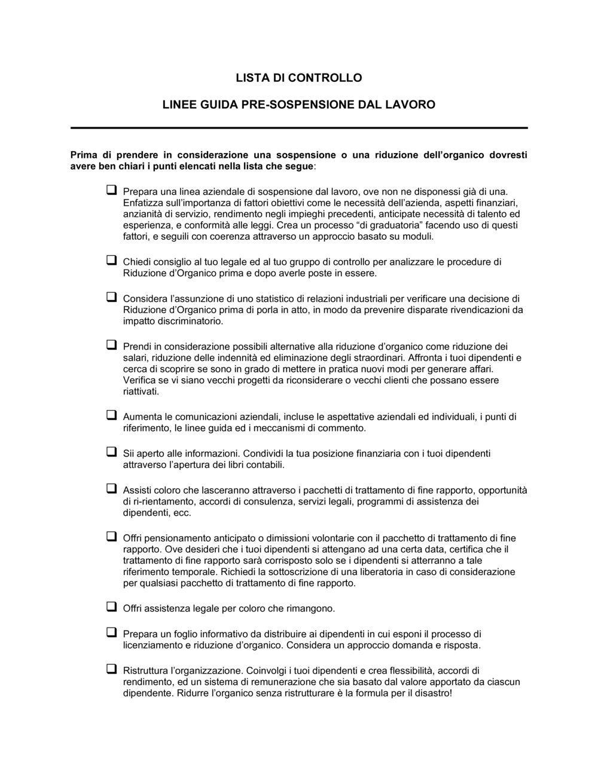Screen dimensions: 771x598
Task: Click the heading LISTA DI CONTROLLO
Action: point(298,78)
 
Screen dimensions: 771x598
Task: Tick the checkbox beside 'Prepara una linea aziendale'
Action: point(111,191)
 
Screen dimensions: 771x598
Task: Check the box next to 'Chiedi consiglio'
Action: point(111,261)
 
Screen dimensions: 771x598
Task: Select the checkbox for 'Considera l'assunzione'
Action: point(111,297)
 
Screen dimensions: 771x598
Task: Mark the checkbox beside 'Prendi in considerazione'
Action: point(111,345)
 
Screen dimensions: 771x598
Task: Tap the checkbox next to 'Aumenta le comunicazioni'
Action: point(111,415)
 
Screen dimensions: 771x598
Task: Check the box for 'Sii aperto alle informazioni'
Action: point(111,452)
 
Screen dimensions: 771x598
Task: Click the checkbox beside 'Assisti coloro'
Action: point(111,488)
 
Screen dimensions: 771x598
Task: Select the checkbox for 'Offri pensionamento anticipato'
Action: point(111,536)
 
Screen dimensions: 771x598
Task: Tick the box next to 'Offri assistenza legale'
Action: point(111,607)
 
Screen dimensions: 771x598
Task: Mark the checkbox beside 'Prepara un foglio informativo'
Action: point(111,632)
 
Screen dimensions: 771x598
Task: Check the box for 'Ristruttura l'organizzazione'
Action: point(111,669)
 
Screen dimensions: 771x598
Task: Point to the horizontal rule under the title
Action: point(298,127)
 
